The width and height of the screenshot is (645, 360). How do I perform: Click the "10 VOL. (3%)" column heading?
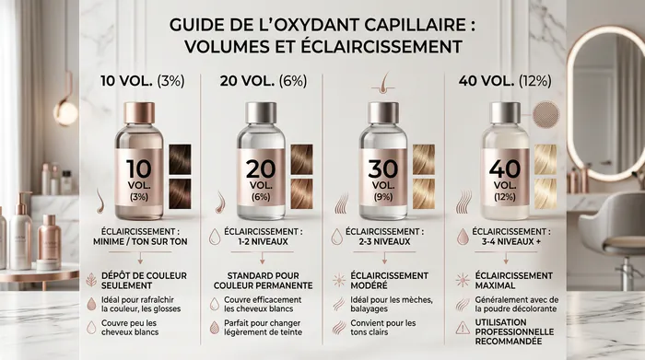click(142, 81)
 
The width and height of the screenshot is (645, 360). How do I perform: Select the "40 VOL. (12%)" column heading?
click(505, 81)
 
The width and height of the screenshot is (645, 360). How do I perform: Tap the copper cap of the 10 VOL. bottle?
click(139, 112)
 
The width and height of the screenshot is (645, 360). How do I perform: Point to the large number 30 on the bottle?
click(383, 168)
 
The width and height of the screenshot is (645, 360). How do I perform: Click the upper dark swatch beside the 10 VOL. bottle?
click(180, 159)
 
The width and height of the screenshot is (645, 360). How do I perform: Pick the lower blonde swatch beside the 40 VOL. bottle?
click(545, 193)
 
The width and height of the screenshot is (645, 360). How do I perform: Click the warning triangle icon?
click(463, 328)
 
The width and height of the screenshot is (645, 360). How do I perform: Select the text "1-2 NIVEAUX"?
click(264, 241)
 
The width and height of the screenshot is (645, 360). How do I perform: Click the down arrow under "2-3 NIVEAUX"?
click(384, 258)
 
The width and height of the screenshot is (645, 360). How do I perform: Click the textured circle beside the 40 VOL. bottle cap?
click(545, 115)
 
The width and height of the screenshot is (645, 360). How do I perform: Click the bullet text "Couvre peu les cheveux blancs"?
click(130, 328)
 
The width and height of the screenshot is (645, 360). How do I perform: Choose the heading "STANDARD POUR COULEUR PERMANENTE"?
click(264, 280)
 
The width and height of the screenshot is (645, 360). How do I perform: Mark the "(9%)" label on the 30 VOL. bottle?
click(383, 197)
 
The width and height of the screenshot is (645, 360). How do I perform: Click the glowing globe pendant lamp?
click(65, 112)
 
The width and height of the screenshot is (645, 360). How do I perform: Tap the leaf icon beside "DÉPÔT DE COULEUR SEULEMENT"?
click(91, 280)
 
